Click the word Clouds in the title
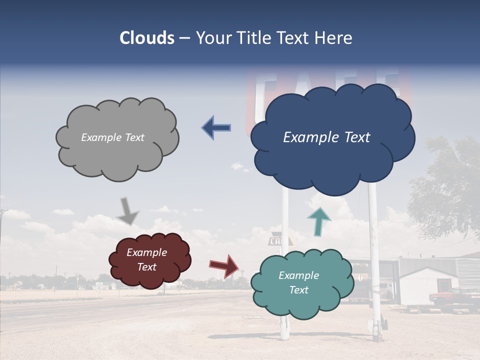pos(147,38)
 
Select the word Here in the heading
pos(333,38)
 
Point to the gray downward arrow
pos(128,211)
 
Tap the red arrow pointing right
pos(224,265)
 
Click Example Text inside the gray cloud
pos(112,137)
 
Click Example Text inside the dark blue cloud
pos(326,137)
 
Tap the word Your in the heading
pos(213,38)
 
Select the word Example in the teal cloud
pos(298,275)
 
